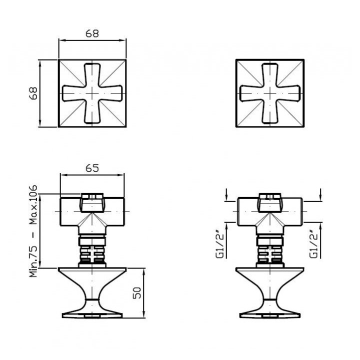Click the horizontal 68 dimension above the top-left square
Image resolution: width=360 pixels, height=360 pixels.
click(x=92, y=33)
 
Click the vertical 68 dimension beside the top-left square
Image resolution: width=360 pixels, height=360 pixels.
click(x=33, y=93)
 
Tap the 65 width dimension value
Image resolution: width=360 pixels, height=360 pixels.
click(x=92, y=168)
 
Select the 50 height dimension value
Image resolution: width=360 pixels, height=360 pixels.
click(x=137, y=292)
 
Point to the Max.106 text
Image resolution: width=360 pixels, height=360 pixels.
click(x=33, y=205)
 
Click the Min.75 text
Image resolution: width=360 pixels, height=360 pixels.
click(x=33, y=261)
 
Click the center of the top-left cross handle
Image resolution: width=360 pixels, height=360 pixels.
click(x=92, y=93)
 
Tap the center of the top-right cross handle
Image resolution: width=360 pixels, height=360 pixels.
click(x=270, y=93)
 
